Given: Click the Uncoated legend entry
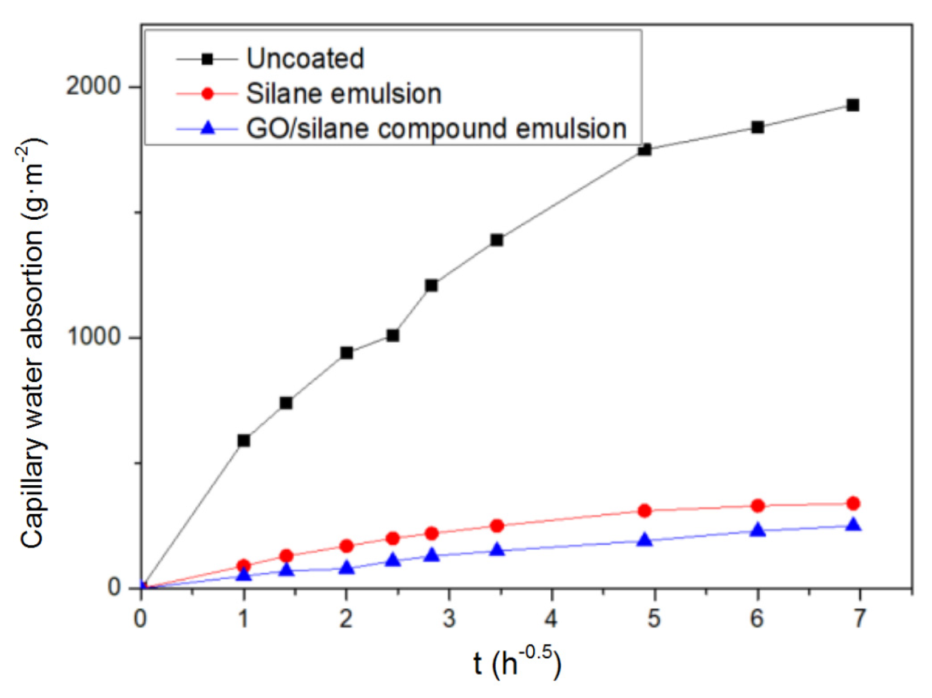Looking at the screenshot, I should coord(305,58).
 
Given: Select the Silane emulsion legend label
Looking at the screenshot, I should coord(343,94).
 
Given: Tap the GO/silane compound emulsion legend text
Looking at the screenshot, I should coord(436,129).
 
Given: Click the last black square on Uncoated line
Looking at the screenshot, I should coord(852,105).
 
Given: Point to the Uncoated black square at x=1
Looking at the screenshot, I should coord(244,440).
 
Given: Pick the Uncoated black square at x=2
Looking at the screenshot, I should coord(347,353).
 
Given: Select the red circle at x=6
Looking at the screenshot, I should coord(757,506).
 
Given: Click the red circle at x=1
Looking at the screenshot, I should coord(244,566).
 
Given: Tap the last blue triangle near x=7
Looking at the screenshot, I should coord(853,525).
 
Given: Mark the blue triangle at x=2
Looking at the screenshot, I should coord(347,567).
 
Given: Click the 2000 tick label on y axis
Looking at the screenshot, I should coord(94,86).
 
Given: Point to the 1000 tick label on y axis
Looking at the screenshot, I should coord(94,337).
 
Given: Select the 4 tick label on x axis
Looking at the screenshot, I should coord(551,619).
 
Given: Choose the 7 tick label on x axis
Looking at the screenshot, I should coord(859,619).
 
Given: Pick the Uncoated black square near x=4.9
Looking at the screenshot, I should coord(644,150).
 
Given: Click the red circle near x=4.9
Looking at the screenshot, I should coord(644,511).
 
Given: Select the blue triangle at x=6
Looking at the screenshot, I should coord(757,530).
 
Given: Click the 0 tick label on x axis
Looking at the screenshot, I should coord(141,619).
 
